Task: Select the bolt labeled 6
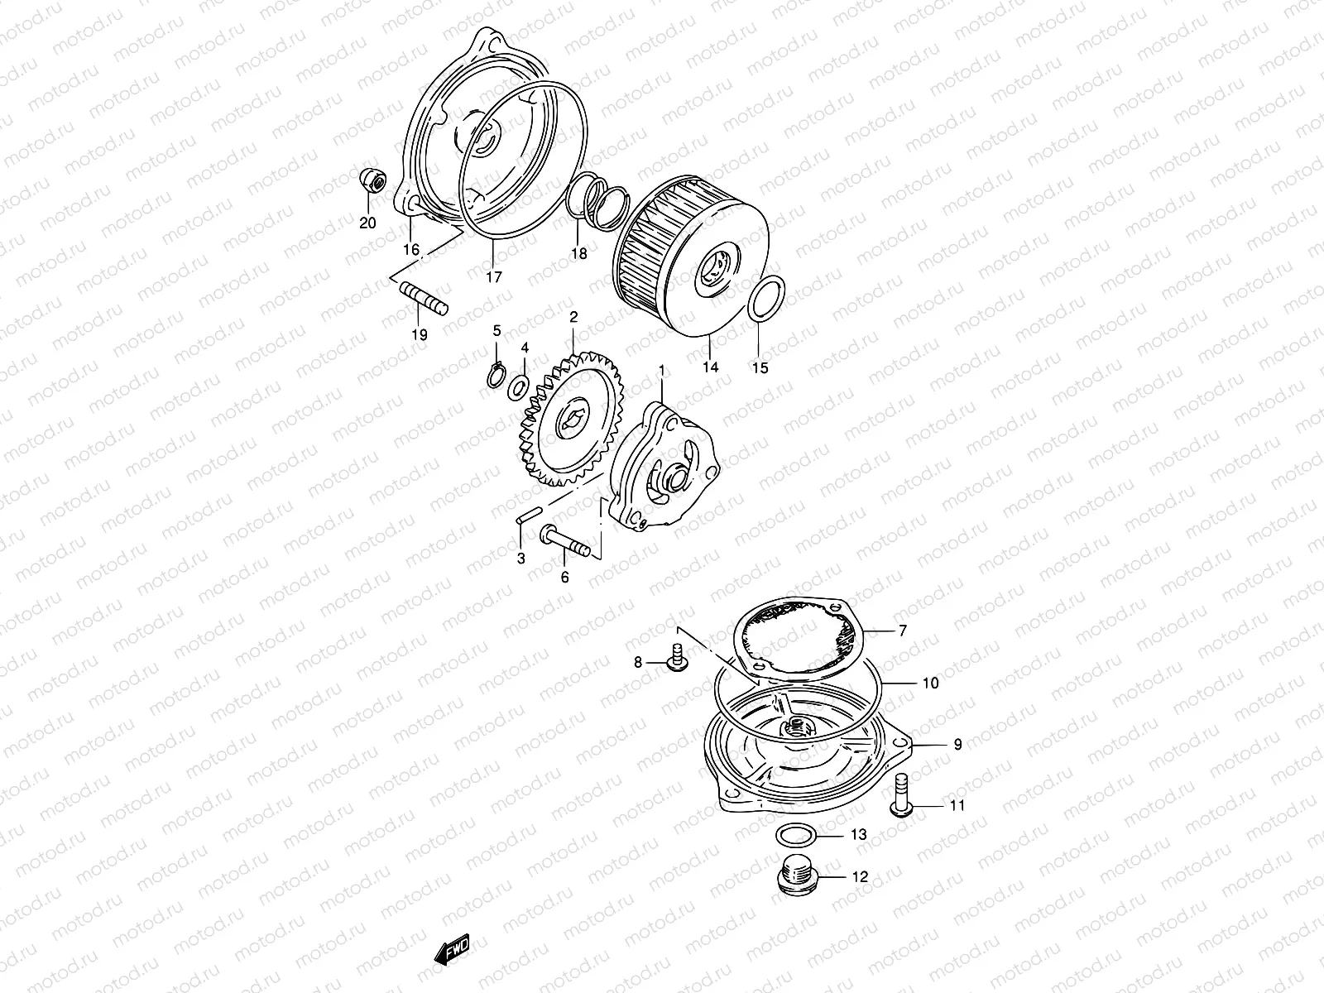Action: coord(564,541)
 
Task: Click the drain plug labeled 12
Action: coord(797,877)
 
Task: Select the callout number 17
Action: coord(493,278)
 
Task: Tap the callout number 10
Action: coord(930,684)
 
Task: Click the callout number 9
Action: coord(957,745)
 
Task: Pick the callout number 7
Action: coord(903,631)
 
